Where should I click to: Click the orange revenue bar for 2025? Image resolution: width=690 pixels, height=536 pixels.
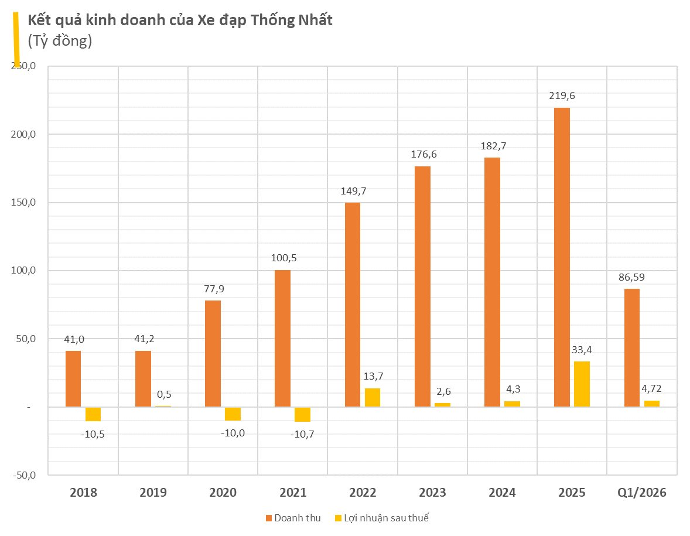(x=562, y=257)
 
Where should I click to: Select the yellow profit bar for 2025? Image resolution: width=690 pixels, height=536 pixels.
(x=582, y=384)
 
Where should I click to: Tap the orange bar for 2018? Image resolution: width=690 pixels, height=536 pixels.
(x=73, y=378)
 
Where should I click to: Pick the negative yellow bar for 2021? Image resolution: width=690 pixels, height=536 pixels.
(x=302, y=414)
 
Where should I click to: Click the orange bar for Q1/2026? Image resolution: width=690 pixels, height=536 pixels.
(x=631, y=347)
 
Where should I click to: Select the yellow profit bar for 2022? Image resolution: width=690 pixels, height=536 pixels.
(x=373, y=397)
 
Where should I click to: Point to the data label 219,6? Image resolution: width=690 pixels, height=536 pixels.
(x=562, y=96)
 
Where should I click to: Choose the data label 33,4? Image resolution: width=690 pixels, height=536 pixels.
(x=582, y=350)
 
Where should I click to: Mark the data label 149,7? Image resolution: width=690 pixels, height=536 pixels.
(x=353, y=191)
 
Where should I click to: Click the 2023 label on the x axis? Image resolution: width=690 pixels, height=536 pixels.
(x=432, y=493)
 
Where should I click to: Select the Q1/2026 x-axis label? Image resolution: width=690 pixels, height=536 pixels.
(x=642, y=493)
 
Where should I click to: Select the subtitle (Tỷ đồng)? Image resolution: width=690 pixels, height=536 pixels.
(x=60, y=41)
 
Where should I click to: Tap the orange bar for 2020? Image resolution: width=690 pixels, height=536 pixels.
(x=213, y=354)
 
